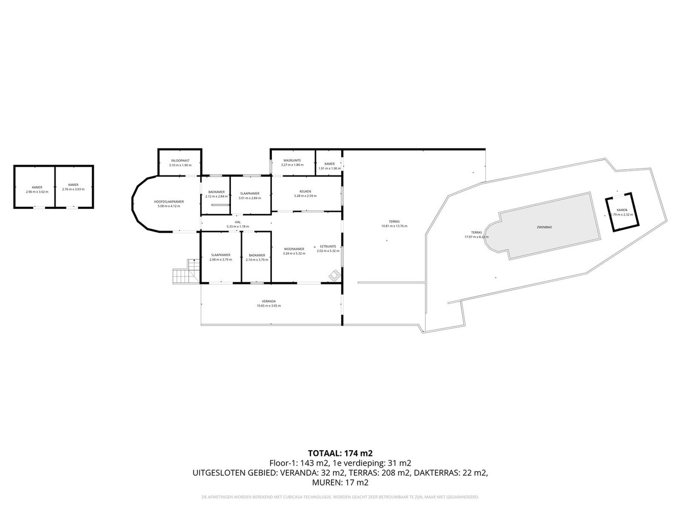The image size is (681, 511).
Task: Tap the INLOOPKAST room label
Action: point(180,161)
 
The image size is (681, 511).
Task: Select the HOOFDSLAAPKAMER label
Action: point(169,202)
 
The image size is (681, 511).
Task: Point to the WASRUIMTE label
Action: point(292,161)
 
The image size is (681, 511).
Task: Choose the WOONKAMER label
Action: point(294,249)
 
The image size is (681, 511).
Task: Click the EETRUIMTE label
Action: point(328,246)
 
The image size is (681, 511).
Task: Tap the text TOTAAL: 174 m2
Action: point(340,453)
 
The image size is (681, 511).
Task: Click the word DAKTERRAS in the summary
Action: point(433,472)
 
